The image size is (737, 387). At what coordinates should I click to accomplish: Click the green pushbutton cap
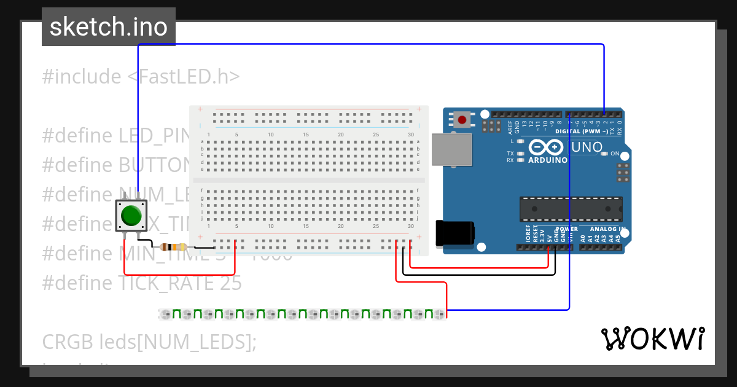131,216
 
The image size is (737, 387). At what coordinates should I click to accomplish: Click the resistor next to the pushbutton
173,247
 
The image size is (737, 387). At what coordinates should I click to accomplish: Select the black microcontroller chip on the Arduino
571,209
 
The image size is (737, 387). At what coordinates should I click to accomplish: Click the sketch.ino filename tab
109,27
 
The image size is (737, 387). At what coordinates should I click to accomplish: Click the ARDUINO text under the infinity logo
547,160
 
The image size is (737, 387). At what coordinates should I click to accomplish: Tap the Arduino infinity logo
546,147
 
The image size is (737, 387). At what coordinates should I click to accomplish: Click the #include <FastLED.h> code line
141,77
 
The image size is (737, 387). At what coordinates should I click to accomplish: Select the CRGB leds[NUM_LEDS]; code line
149,342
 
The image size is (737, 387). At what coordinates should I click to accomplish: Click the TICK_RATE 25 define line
142,283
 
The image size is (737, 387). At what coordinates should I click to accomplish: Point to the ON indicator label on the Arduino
615,154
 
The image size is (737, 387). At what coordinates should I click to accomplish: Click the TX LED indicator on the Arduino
521,154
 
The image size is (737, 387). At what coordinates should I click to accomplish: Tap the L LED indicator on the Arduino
521,141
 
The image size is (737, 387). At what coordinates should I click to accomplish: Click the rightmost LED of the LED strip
439,315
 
